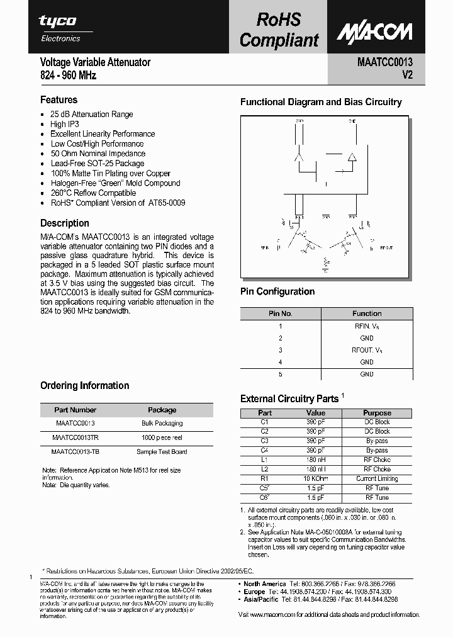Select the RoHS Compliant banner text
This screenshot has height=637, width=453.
tap(279, 30)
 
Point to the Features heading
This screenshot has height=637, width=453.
tap(59, 99)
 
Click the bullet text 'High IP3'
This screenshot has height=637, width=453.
tap(64, 124)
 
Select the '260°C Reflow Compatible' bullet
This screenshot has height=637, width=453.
tap(93, 193)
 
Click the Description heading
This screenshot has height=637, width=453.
tap(64, 223)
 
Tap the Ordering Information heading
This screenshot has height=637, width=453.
tap(84, 385)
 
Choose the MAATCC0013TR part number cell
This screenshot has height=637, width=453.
tap(75, 437)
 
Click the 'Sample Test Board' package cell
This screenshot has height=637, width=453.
tap(162, 451)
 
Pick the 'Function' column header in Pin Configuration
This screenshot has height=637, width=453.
tap(367, 313)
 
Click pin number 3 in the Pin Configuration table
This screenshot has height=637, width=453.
tap(281, 350)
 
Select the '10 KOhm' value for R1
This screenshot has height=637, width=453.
tap(315, 478)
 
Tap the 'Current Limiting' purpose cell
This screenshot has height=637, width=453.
tap(377, 478)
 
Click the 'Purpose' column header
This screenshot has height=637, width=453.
tap(377, 413)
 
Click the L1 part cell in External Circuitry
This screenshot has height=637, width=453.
tap(265, 459)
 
